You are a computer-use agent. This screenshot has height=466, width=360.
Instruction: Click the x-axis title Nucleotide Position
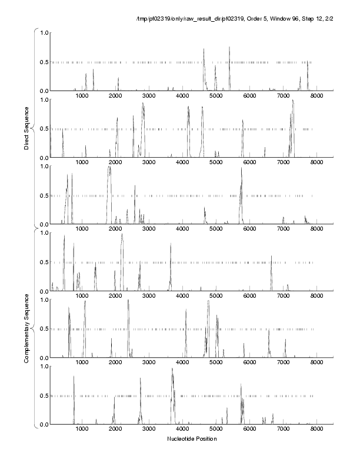191,439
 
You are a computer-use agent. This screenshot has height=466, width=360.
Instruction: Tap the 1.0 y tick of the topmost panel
43,32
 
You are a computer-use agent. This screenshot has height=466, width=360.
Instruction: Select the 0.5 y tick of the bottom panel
43,395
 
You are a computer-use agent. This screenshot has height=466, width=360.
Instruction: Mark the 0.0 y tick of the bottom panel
43,424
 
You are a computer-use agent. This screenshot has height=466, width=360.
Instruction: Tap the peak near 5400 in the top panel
229,48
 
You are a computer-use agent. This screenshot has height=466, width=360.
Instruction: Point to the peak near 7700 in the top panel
307,62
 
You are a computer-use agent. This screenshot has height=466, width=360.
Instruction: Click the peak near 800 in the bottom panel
74,377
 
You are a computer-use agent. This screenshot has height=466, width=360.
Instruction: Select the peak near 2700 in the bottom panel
141,379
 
